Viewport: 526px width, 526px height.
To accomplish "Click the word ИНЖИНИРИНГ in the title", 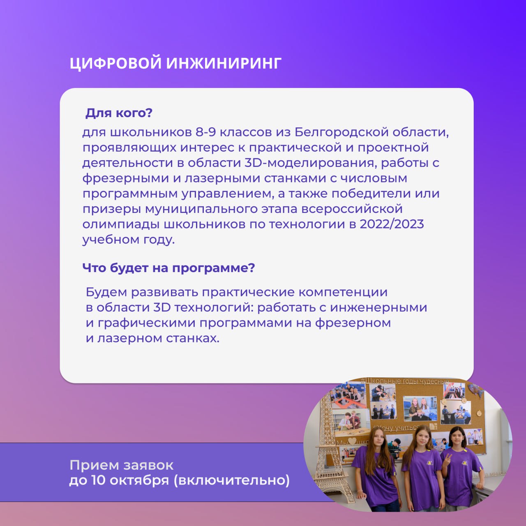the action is pyautogui.click(x=224, y=63).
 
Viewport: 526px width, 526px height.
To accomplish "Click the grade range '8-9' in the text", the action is pyautogui.click(x=205, y=132).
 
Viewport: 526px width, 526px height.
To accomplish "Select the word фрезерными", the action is pyautogui.click(x=126, y=179).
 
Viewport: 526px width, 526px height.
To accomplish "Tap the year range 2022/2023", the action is pyautogui.click(x=392, y=224).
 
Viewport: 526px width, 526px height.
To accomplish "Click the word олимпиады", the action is pyautogui.click(x=121, y=225).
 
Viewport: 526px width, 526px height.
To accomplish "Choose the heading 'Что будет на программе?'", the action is pyautogui.click(x=168, y=268).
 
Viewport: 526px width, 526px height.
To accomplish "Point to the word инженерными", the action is pyautogui.click(x=378, y=308).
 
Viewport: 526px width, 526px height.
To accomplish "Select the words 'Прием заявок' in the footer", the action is pyautogui.click(x=122, y=465).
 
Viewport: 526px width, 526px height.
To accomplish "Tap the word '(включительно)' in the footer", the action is pyautogui.click(x=232, y=481).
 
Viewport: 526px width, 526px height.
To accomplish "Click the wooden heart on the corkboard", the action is pyautogui.click(x=352, y=441).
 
